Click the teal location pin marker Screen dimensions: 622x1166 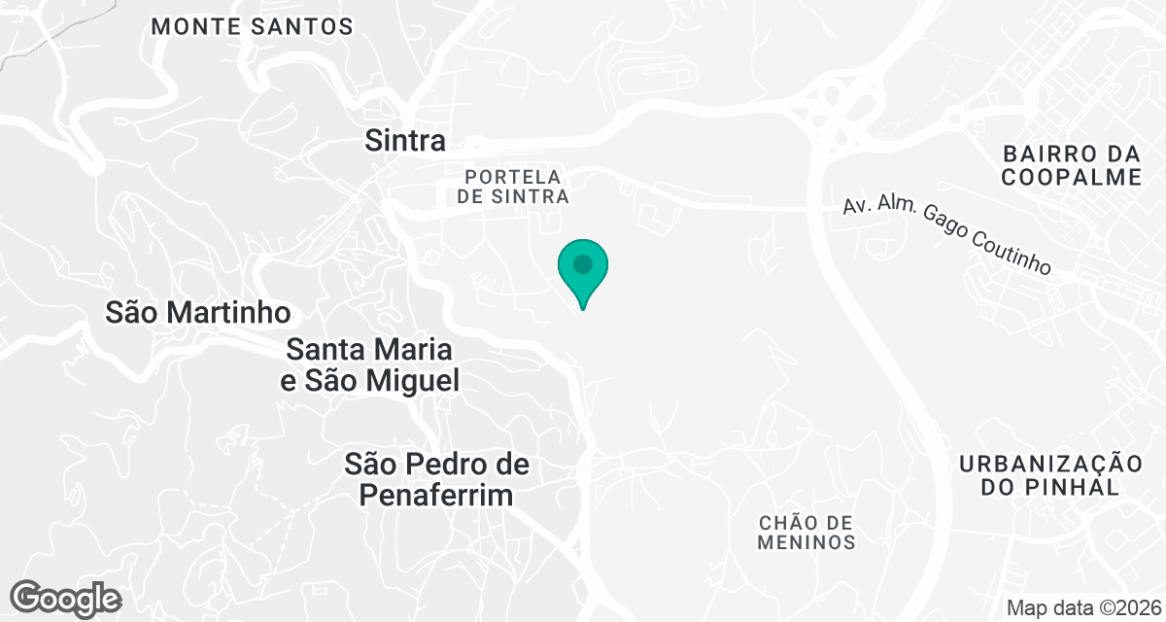coord(583,271)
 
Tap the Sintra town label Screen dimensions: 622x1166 coord(405,141)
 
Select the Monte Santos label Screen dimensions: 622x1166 coord(252,27)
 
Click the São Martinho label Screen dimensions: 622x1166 coord(198,312)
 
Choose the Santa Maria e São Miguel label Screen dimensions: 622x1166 coord(369,364)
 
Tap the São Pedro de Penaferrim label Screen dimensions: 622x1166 coord(437,479)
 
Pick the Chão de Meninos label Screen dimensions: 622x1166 coord(806,533)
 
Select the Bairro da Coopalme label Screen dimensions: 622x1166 coord(1071,165)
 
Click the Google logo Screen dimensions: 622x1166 coord(66,598)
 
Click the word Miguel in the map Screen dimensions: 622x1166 coord(409,381)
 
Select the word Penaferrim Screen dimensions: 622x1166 coord(436,496)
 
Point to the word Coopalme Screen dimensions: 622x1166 coord(1071,177)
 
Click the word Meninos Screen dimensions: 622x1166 coord(806,542)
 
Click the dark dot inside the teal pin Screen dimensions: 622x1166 coord(583,263)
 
